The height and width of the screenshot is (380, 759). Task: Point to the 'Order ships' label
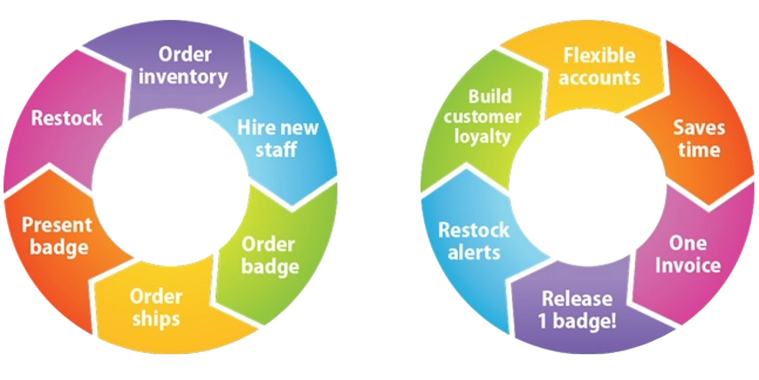pos(156,307)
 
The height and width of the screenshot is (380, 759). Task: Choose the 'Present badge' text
pos(55,236)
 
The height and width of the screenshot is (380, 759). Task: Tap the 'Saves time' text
pos(698,139)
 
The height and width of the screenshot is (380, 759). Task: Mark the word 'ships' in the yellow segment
pos(156,318)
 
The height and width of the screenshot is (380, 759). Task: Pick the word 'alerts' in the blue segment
pos(473,253)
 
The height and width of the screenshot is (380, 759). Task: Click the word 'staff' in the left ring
pos(278,150)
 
